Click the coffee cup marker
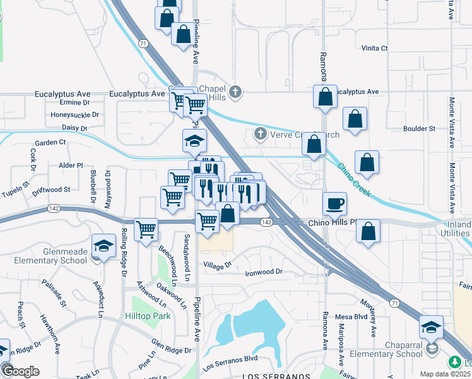pos(334,204)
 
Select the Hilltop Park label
pos(148,315)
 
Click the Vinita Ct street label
pos(374,48)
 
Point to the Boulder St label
pos(420,128)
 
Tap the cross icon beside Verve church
pos(259,134)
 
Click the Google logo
pos(20,371)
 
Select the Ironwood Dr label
pos(263,272)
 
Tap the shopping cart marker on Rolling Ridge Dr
pos(146,229)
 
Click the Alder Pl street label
pos(70,165)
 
